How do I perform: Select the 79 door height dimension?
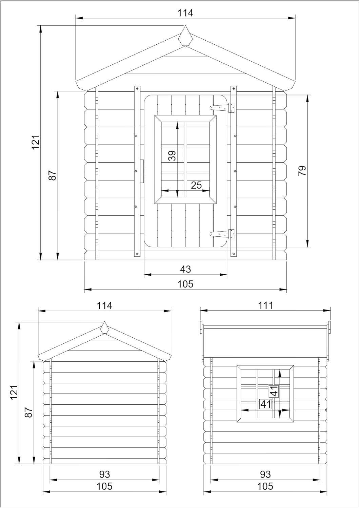tap(302, 170)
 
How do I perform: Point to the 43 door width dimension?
tap(185, 269)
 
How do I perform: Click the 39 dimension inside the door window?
tap(173, 155)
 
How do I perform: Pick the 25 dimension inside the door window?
tap(196, 185)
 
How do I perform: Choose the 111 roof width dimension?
tap(265, 305)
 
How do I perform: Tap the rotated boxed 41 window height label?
tap(274, 391)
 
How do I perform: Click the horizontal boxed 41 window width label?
tap(266, 404)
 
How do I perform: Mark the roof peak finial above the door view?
tap(185, 36)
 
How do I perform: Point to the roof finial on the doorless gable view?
tap(104, 327)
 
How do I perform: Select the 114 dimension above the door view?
tap(185, 13)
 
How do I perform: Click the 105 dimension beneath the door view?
tap(185, 284)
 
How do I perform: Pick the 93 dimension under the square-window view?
tap(265, 474)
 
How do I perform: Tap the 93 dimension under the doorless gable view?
tap(104, 474)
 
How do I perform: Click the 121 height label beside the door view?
tap(36, 142)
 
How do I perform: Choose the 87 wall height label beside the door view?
tap(53, 175)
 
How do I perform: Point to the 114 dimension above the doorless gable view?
tap(104, 305)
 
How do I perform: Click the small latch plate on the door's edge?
tap(142, 171)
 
